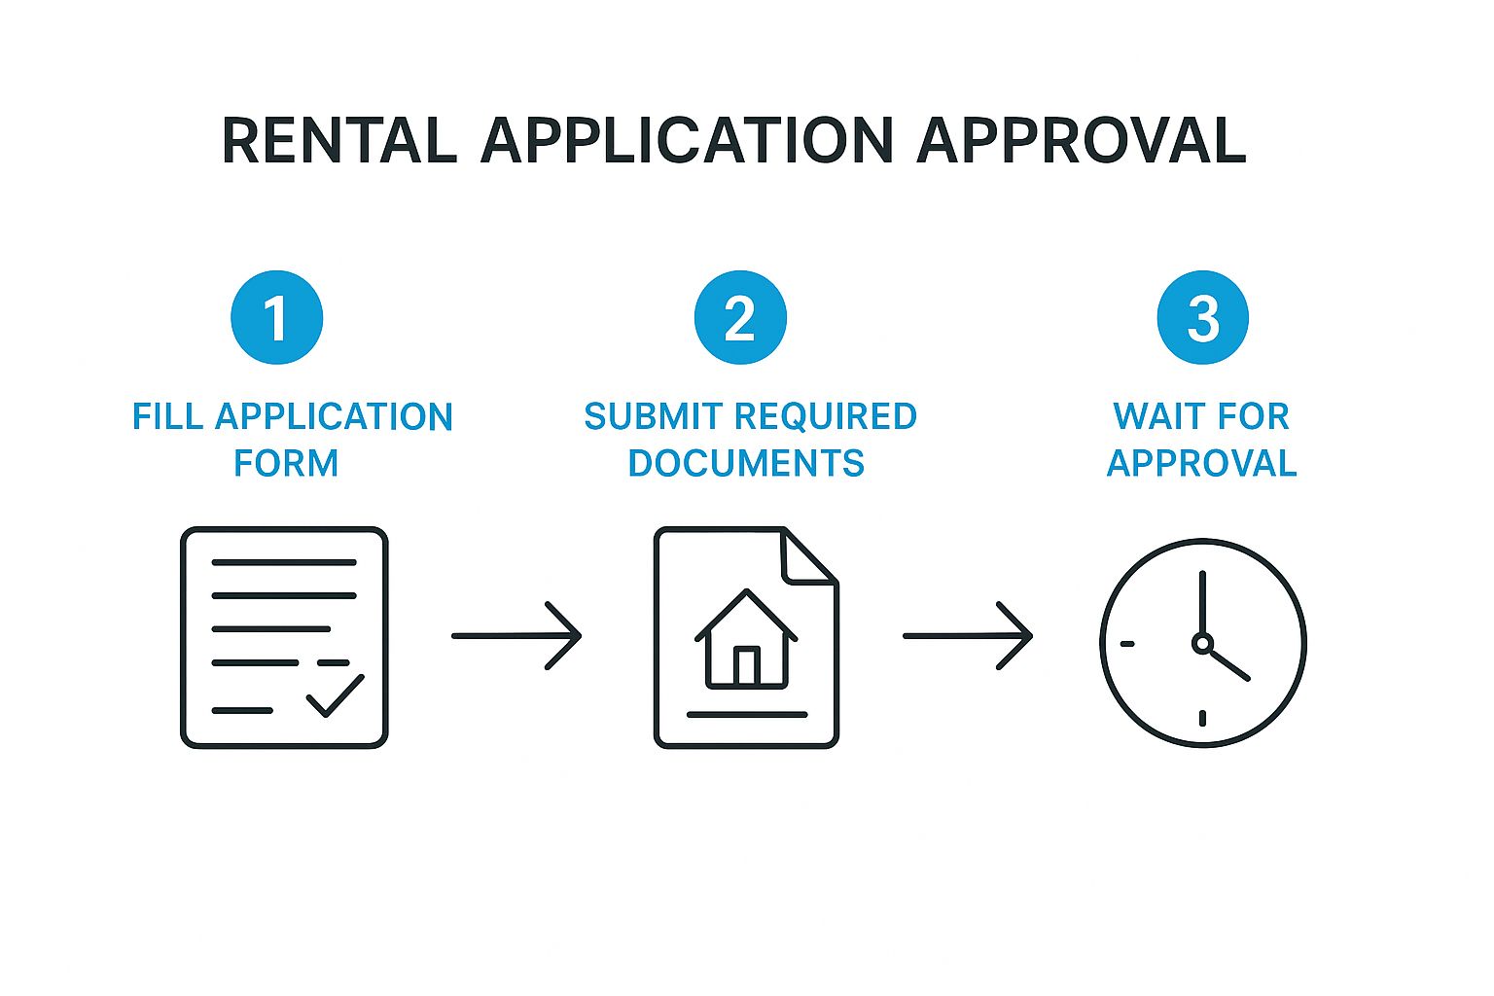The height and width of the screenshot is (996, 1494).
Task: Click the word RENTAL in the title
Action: point(338,140)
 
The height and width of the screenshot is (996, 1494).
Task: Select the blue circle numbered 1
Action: point(277,317)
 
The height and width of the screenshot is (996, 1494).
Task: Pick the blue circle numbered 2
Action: point(740,317)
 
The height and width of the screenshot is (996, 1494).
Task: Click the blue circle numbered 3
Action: point(1203,317)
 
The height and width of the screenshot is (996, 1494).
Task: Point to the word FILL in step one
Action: point(168,417)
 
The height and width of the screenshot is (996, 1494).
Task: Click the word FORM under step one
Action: point(286,463)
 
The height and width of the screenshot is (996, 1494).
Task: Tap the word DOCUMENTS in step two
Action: point(746,463)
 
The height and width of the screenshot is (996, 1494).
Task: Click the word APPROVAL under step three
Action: point(1202,463)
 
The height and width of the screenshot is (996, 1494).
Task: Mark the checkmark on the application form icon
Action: point(335,694)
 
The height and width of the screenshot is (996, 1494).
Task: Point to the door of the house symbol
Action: point(746,666)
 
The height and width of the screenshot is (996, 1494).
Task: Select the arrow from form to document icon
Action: point(516,636)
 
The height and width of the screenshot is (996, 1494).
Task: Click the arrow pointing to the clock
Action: point(968,636)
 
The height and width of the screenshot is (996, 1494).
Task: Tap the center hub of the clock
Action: point(1202,643)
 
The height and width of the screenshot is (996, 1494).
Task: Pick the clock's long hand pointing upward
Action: point(1202,603)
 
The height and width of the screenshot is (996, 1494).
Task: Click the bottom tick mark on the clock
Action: point(1203,718)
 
